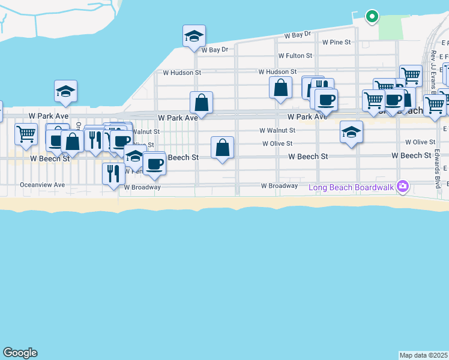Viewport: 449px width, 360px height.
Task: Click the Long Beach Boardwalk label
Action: [351, 187]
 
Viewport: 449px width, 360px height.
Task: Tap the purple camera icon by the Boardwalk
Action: [403, 187]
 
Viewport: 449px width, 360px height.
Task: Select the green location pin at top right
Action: [372, 16]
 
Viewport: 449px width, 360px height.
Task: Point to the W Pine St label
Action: [336, 43]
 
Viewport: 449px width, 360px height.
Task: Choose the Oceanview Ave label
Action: [42, 185]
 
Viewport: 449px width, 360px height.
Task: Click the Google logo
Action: [20, 353]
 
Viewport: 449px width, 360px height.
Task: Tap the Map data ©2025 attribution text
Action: [424, 355]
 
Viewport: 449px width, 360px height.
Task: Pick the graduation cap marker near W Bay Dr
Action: [194, 36]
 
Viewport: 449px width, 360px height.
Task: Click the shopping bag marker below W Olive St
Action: [222, 148]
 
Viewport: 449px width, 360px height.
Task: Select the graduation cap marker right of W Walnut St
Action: [351, 132]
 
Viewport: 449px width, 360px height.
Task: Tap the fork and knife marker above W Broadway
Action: [113, 174]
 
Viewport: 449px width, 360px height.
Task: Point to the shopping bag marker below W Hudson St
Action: [280, 88]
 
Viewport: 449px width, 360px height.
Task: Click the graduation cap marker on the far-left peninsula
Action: [65, 91]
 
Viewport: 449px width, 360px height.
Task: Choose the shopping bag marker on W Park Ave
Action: [202, 103]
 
